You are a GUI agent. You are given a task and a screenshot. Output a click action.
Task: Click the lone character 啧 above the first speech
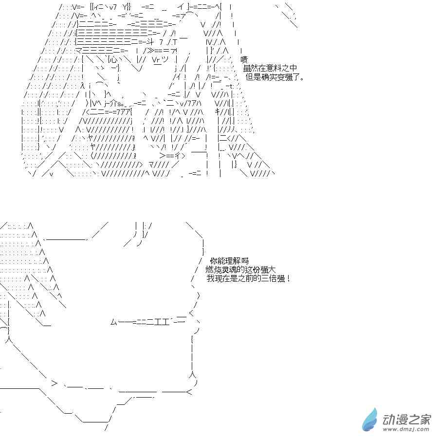(x=244, y=60)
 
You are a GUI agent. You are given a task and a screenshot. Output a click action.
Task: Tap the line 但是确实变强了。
(x=275, y=77)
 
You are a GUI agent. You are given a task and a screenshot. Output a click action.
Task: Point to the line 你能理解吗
(x=229, y=261)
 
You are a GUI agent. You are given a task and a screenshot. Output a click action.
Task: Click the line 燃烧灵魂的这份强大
(x=240, y=270)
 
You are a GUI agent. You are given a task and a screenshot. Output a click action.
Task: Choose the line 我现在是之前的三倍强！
(x=249, y=278)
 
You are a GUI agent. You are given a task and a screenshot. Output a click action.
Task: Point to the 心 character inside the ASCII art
(x=113, y=60)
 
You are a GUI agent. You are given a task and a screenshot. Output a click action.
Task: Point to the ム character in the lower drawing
(x=114, y=322)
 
